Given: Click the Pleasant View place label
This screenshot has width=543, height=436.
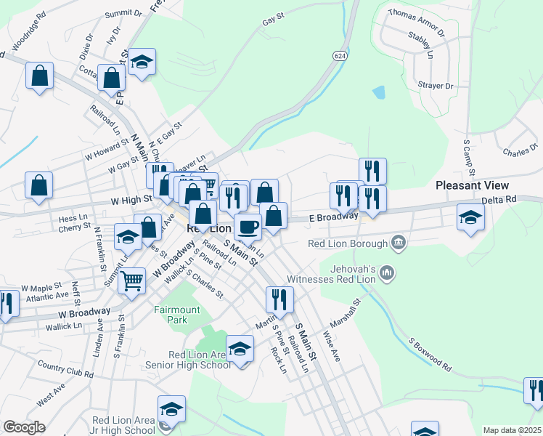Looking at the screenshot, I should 475,185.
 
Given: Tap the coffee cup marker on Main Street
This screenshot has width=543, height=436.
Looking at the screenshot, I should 248,227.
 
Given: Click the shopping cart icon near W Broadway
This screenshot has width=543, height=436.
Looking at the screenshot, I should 131,280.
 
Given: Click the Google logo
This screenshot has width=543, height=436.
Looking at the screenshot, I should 23,427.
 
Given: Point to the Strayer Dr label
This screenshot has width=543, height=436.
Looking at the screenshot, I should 435,86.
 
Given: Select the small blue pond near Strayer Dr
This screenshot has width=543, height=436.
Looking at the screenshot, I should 379,92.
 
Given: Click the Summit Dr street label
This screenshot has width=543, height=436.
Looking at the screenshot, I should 123,13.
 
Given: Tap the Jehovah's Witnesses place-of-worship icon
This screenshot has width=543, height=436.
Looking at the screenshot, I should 388,273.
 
